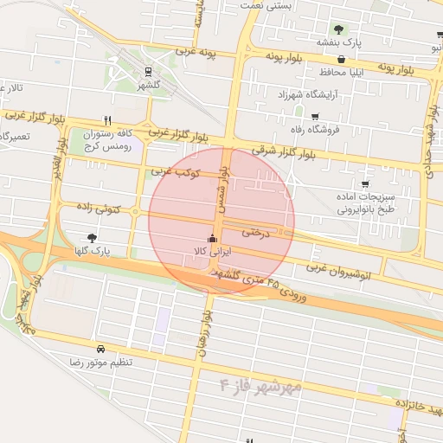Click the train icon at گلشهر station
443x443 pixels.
point(149,72)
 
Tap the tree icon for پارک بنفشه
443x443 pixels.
point(338,29)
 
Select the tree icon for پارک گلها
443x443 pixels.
point(93,237)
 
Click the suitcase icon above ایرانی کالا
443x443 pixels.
point(212,238)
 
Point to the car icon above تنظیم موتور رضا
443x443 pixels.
point(101,349)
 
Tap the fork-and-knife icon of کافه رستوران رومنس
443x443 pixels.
point(107,121)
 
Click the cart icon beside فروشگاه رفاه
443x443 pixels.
point(314,117)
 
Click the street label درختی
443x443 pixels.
point(257,233)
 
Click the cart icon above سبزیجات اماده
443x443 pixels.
point(365,184)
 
